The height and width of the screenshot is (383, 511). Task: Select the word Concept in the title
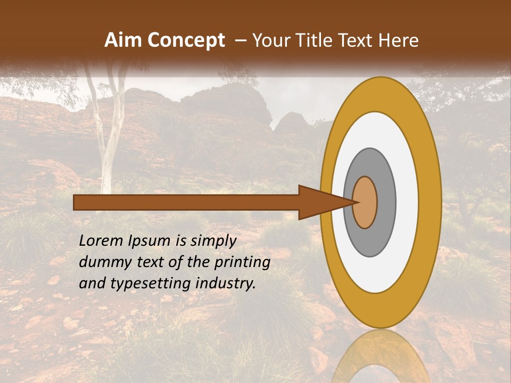point(185,40)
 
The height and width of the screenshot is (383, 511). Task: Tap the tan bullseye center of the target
point(366,203)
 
